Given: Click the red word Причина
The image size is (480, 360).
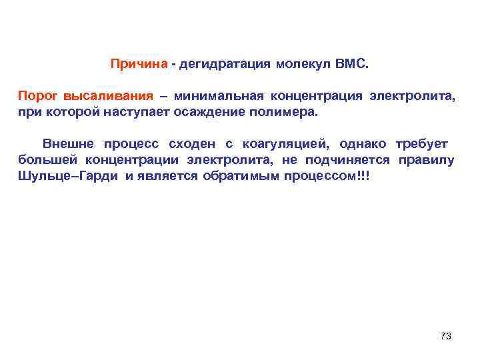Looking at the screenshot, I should click(x=139, y=65).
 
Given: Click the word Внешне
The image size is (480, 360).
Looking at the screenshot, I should click(x=67, y=143).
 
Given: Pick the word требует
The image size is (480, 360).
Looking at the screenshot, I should click(x=422, y=143).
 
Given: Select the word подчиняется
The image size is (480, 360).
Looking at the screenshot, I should click(x=349, y=161).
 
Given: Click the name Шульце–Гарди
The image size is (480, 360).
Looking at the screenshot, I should click(x=68, y=178).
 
